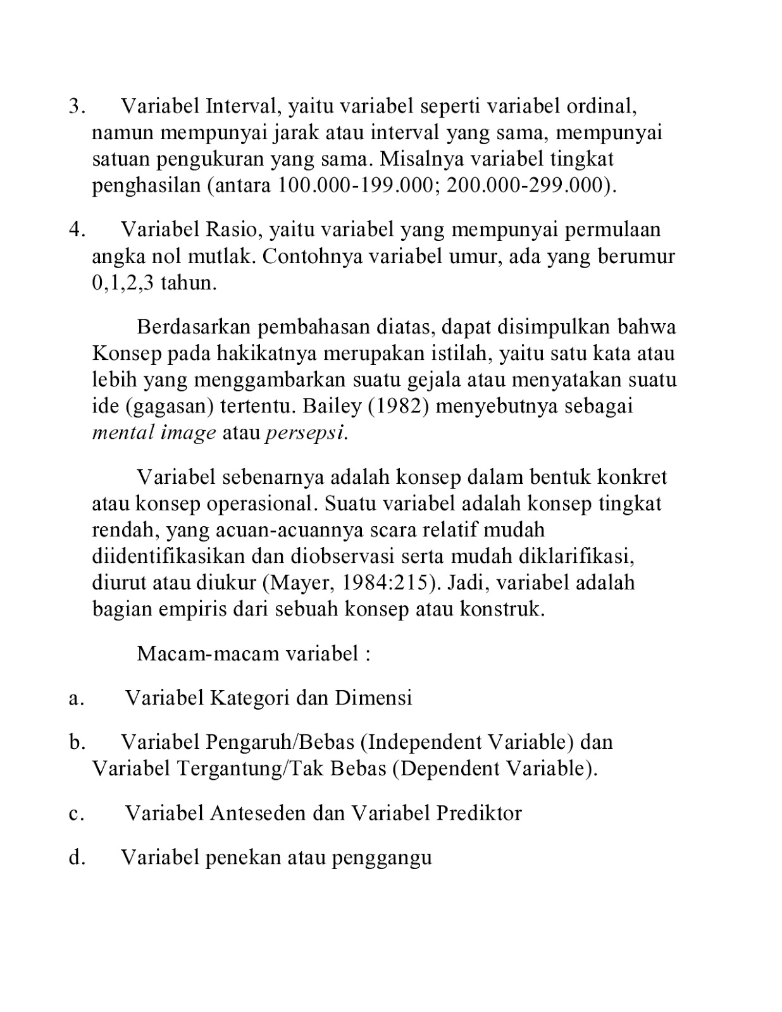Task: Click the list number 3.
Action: [75, 106]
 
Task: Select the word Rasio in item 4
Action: [232, 229]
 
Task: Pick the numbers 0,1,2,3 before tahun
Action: [123, 283]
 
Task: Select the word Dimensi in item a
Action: [373, 698]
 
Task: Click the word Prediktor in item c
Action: [479, 813]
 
